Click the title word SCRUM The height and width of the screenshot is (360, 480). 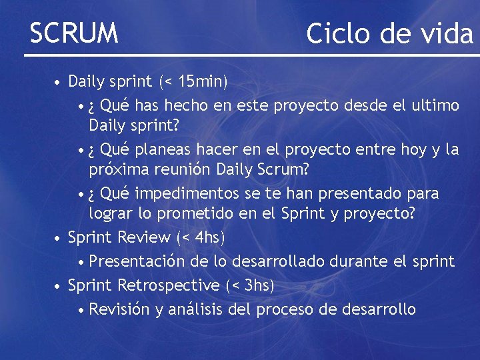click(x=74, y=32)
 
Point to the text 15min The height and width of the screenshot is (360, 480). click(x=199, y=82)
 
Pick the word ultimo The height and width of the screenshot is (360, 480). click(x=434, y=105)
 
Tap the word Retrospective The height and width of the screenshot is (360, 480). click(x=169, y=285)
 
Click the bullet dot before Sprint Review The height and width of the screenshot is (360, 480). click(x=59, y=238)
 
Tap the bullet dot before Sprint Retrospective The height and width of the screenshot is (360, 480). click(x=59, y=286)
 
